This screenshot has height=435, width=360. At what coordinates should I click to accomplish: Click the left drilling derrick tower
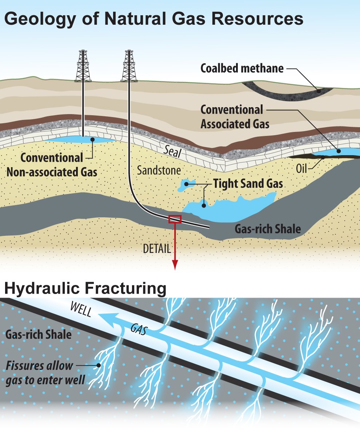click(x=83, y=66)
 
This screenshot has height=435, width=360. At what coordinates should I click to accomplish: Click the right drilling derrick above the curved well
click(x=129, y=66)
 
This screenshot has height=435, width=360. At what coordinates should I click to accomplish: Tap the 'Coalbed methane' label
click(x=242, y=68)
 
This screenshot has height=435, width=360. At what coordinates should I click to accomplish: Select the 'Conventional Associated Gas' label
click(x=235, y=117)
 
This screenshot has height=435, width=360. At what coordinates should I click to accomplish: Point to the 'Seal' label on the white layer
click(x=173, y=152)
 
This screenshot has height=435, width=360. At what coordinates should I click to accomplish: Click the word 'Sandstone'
click(x=159, y=170)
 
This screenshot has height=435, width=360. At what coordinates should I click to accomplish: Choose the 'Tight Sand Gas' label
click(x=248, y=184)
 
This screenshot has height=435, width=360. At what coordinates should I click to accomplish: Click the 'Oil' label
click(x=301, y=168)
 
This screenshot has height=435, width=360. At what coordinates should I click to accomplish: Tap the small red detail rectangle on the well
click(x=175, y=219)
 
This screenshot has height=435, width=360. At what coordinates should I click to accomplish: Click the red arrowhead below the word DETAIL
click(x=175, y=265)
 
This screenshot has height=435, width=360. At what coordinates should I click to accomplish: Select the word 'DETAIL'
click(x=157, y=249)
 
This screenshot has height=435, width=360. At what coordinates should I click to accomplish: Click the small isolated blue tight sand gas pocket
click(x=184, y=185)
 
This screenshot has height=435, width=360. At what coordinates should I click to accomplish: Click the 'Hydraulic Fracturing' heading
click(x=85, y=288)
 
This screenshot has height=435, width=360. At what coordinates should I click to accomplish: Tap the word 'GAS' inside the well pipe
click(x=139, y=329)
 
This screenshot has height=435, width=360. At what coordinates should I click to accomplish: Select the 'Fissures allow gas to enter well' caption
click(x=45, y=373)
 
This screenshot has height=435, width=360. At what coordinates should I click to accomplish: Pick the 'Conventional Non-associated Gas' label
click(x=52, y=165)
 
